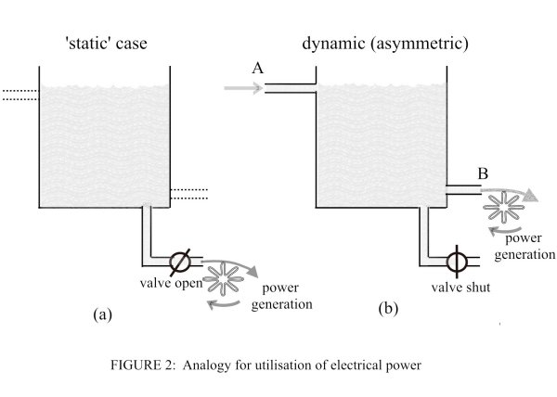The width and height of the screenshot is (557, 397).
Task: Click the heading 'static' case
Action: [x=104, y=44]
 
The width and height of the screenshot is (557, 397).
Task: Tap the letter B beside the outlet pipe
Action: [x=483, y=173]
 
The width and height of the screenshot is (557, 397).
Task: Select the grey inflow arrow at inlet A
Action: [x=243, y=89]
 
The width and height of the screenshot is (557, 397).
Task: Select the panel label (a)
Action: [x=103, y=314]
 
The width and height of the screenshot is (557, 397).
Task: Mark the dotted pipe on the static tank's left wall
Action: [x=19, y=93]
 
